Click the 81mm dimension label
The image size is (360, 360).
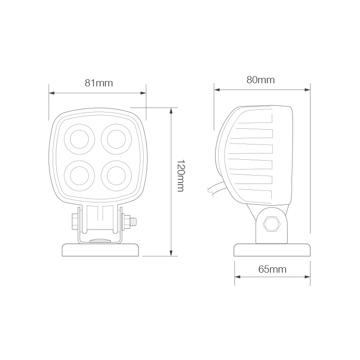(x=99, y=83)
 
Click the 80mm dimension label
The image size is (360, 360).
(x=261, y=80)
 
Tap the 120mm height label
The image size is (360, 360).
(x=181, y=175)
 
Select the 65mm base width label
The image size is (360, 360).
(x=272, y=269)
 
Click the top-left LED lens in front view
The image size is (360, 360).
(x=80, y=139)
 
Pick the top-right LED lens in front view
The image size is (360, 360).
(x=116, y=139)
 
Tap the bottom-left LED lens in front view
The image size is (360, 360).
(x=80, y=176)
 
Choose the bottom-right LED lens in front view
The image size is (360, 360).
(x=116, y=176)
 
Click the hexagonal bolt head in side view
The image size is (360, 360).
(x=272, y=224)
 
